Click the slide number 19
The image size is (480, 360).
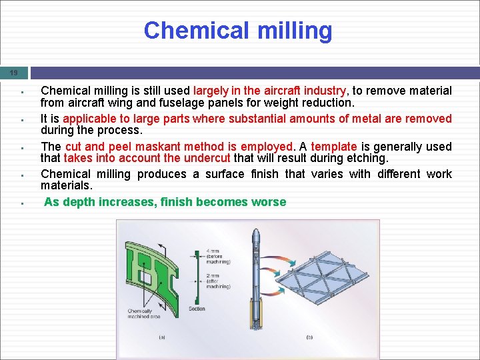[x=13, y=73]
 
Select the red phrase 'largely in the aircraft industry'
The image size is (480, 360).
[x=269, y=91]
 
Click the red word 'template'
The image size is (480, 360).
[x=334, y=147]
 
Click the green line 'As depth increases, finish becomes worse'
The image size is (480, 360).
[x=165, y=202]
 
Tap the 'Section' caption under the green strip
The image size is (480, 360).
[x=197, y=309]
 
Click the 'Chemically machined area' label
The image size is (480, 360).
[x=141, y=314]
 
